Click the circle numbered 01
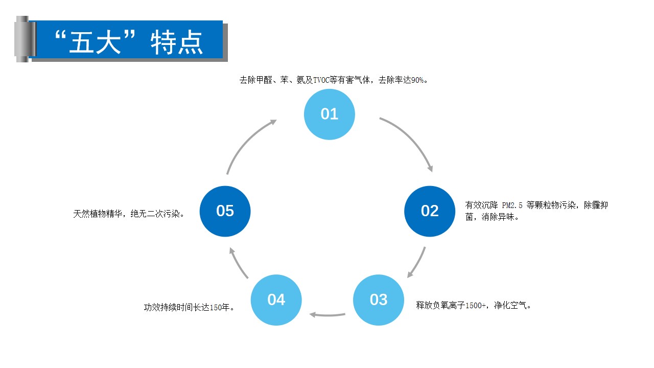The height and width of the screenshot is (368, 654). click(330, 114)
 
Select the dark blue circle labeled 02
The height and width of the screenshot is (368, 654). click(430, 211)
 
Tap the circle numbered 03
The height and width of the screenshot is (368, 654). click(379, 300)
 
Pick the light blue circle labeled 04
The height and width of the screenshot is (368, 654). click(276, 300)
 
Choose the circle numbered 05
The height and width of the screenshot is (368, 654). click(225, 211)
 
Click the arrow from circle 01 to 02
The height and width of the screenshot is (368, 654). click(412, 138)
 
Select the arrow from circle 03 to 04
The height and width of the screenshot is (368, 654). click(328, 315)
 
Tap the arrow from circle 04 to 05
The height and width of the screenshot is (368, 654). click(238, 263)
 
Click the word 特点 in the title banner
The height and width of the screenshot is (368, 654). click(176, 42)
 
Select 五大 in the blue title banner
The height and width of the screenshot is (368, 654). click(95, 42)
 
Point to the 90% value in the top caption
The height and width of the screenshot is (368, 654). click(417, 80)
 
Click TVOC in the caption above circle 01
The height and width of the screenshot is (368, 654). click(321, 80)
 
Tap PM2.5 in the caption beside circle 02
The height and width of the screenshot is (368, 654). click(512, 205)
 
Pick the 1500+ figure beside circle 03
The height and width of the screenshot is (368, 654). click(476, 306)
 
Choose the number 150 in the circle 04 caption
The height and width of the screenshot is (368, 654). click(216, 308)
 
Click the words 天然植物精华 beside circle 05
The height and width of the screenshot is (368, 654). click(98, 214)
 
